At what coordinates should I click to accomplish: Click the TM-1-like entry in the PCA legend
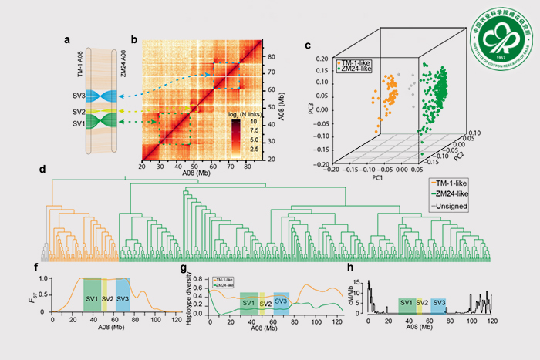click(357, 62)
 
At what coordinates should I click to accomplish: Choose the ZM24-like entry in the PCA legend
click(357, 70)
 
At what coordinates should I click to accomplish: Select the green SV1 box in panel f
click(92, 298)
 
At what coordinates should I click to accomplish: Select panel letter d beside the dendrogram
click(41, 169)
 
